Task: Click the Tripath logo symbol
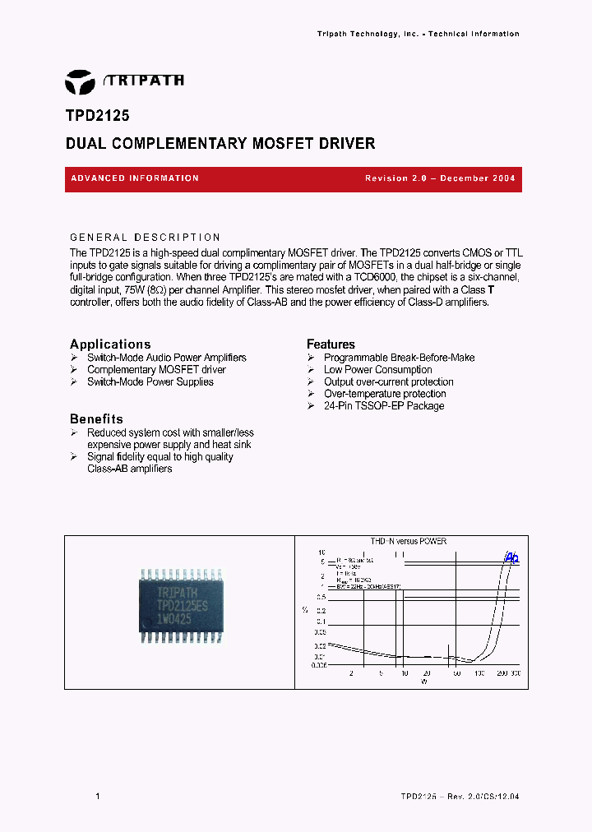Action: point(80,81)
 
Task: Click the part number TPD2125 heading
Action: point(97,117)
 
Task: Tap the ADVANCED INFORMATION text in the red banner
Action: point(135,178)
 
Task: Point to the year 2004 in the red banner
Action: point(502,178)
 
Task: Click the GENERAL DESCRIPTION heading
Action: point(146,238)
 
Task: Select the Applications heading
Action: point(110,344)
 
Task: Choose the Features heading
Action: point(331,344)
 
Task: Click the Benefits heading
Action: point(96,419)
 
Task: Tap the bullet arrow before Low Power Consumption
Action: point(311,370)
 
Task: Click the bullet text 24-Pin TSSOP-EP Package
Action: point(384,406)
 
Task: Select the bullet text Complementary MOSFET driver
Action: point(156,370)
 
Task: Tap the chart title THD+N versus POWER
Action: point(409,542)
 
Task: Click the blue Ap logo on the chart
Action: point(511,557)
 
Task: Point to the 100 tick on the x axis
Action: point(479,674)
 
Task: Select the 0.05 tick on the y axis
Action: point(320,633)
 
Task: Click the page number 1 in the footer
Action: point(98,797)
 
